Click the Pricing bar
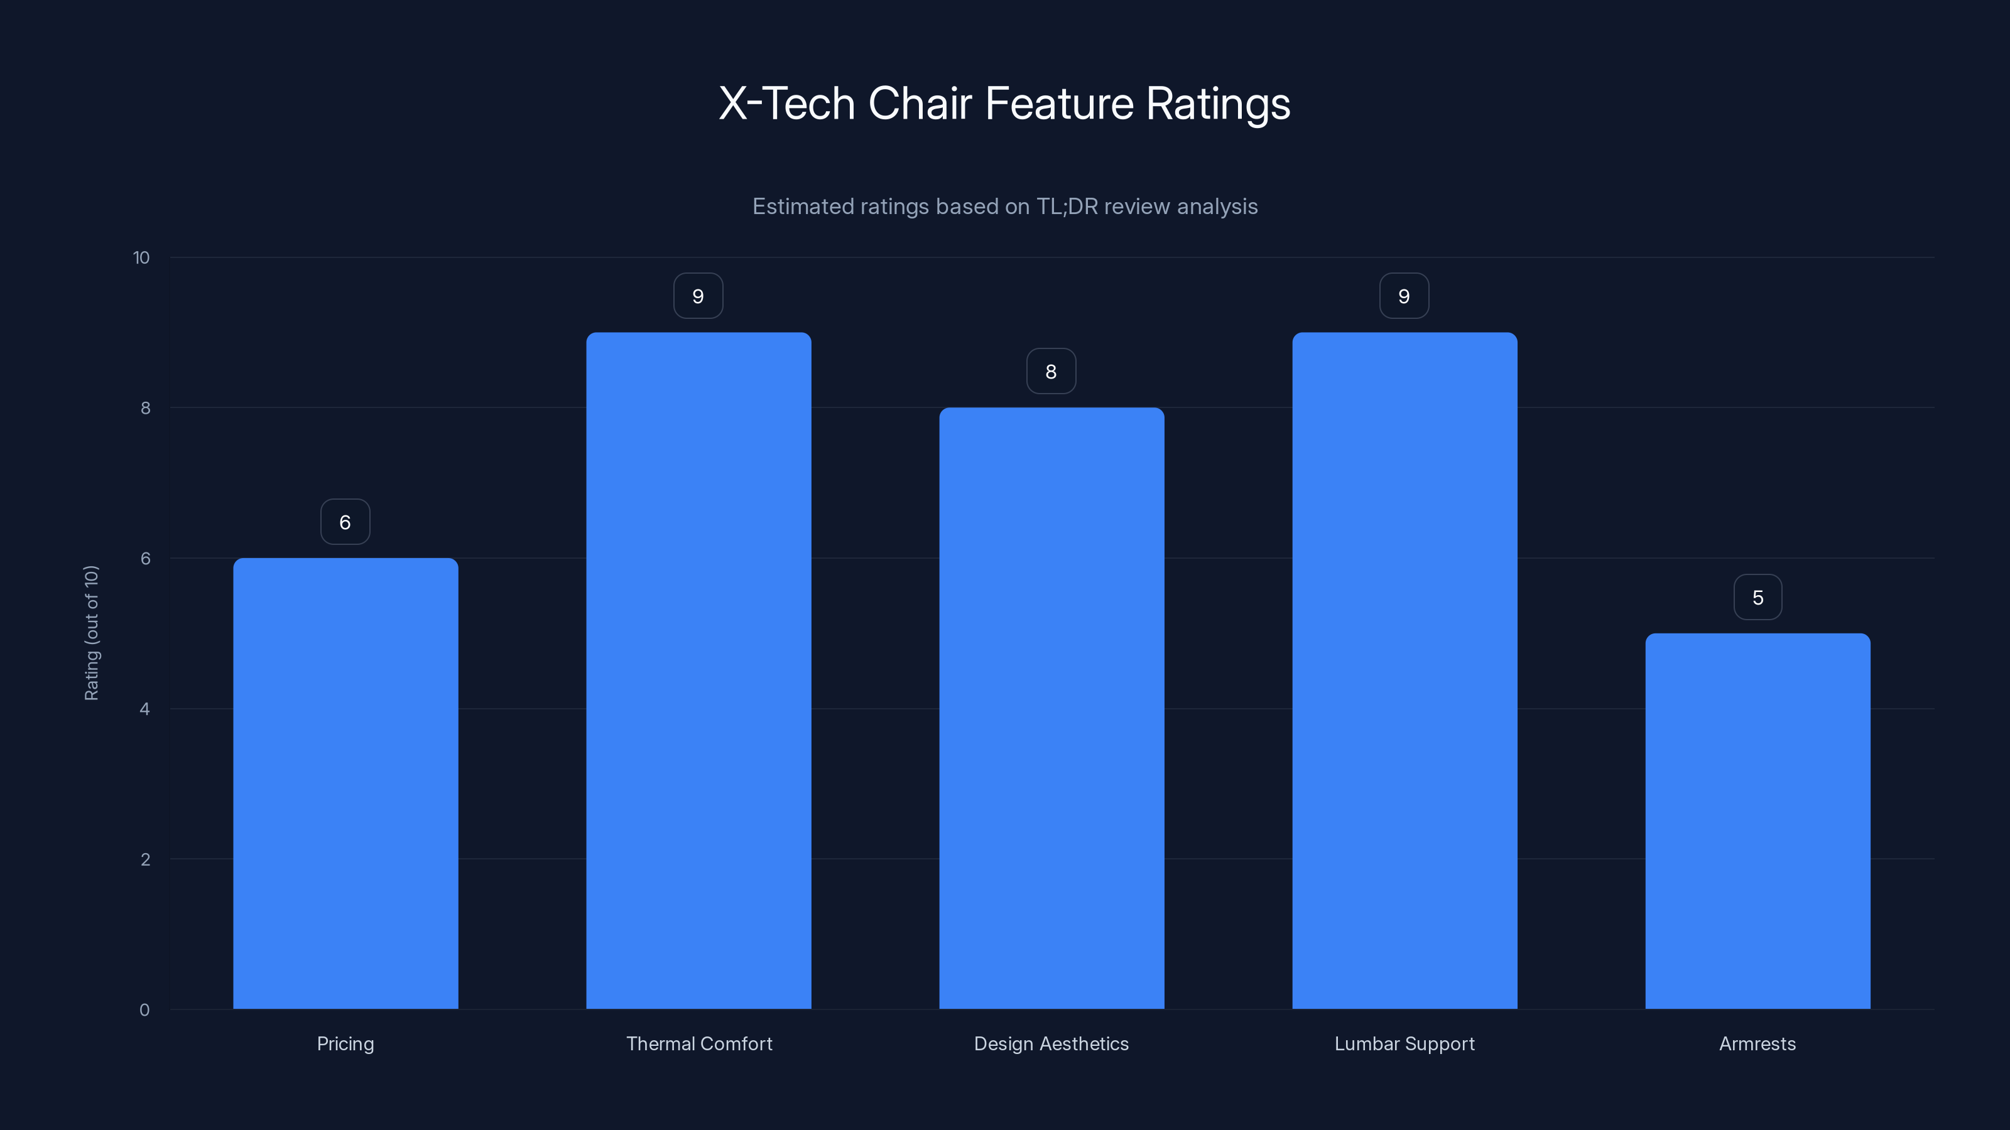pos(345,783)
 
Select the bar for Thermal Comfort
pos(698,670)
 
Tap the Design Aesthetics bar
pos(1051,708)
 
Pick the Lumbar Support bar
pos(1404,670)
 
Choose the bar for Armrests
pos(1757,821)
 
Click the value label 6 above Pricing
pos(345,522)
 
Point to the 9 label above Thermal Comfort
pos(698,296)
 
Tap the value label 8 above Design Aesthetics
pos(1051,371)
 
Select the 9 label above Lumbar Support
pos(1404,296)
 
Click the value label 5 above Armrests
pos(1757,598)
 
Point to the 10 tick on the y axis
pos(141,257)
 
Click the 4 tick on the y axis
pos(144,709)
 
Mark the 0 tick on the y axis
pos(144,1010)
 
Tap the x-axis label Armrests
pos(1757,1043)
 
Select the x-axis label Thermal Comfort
pos(699,1043)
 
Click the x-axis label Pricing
pos(345,1043)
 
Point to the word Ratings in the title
pos(1217,104)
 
